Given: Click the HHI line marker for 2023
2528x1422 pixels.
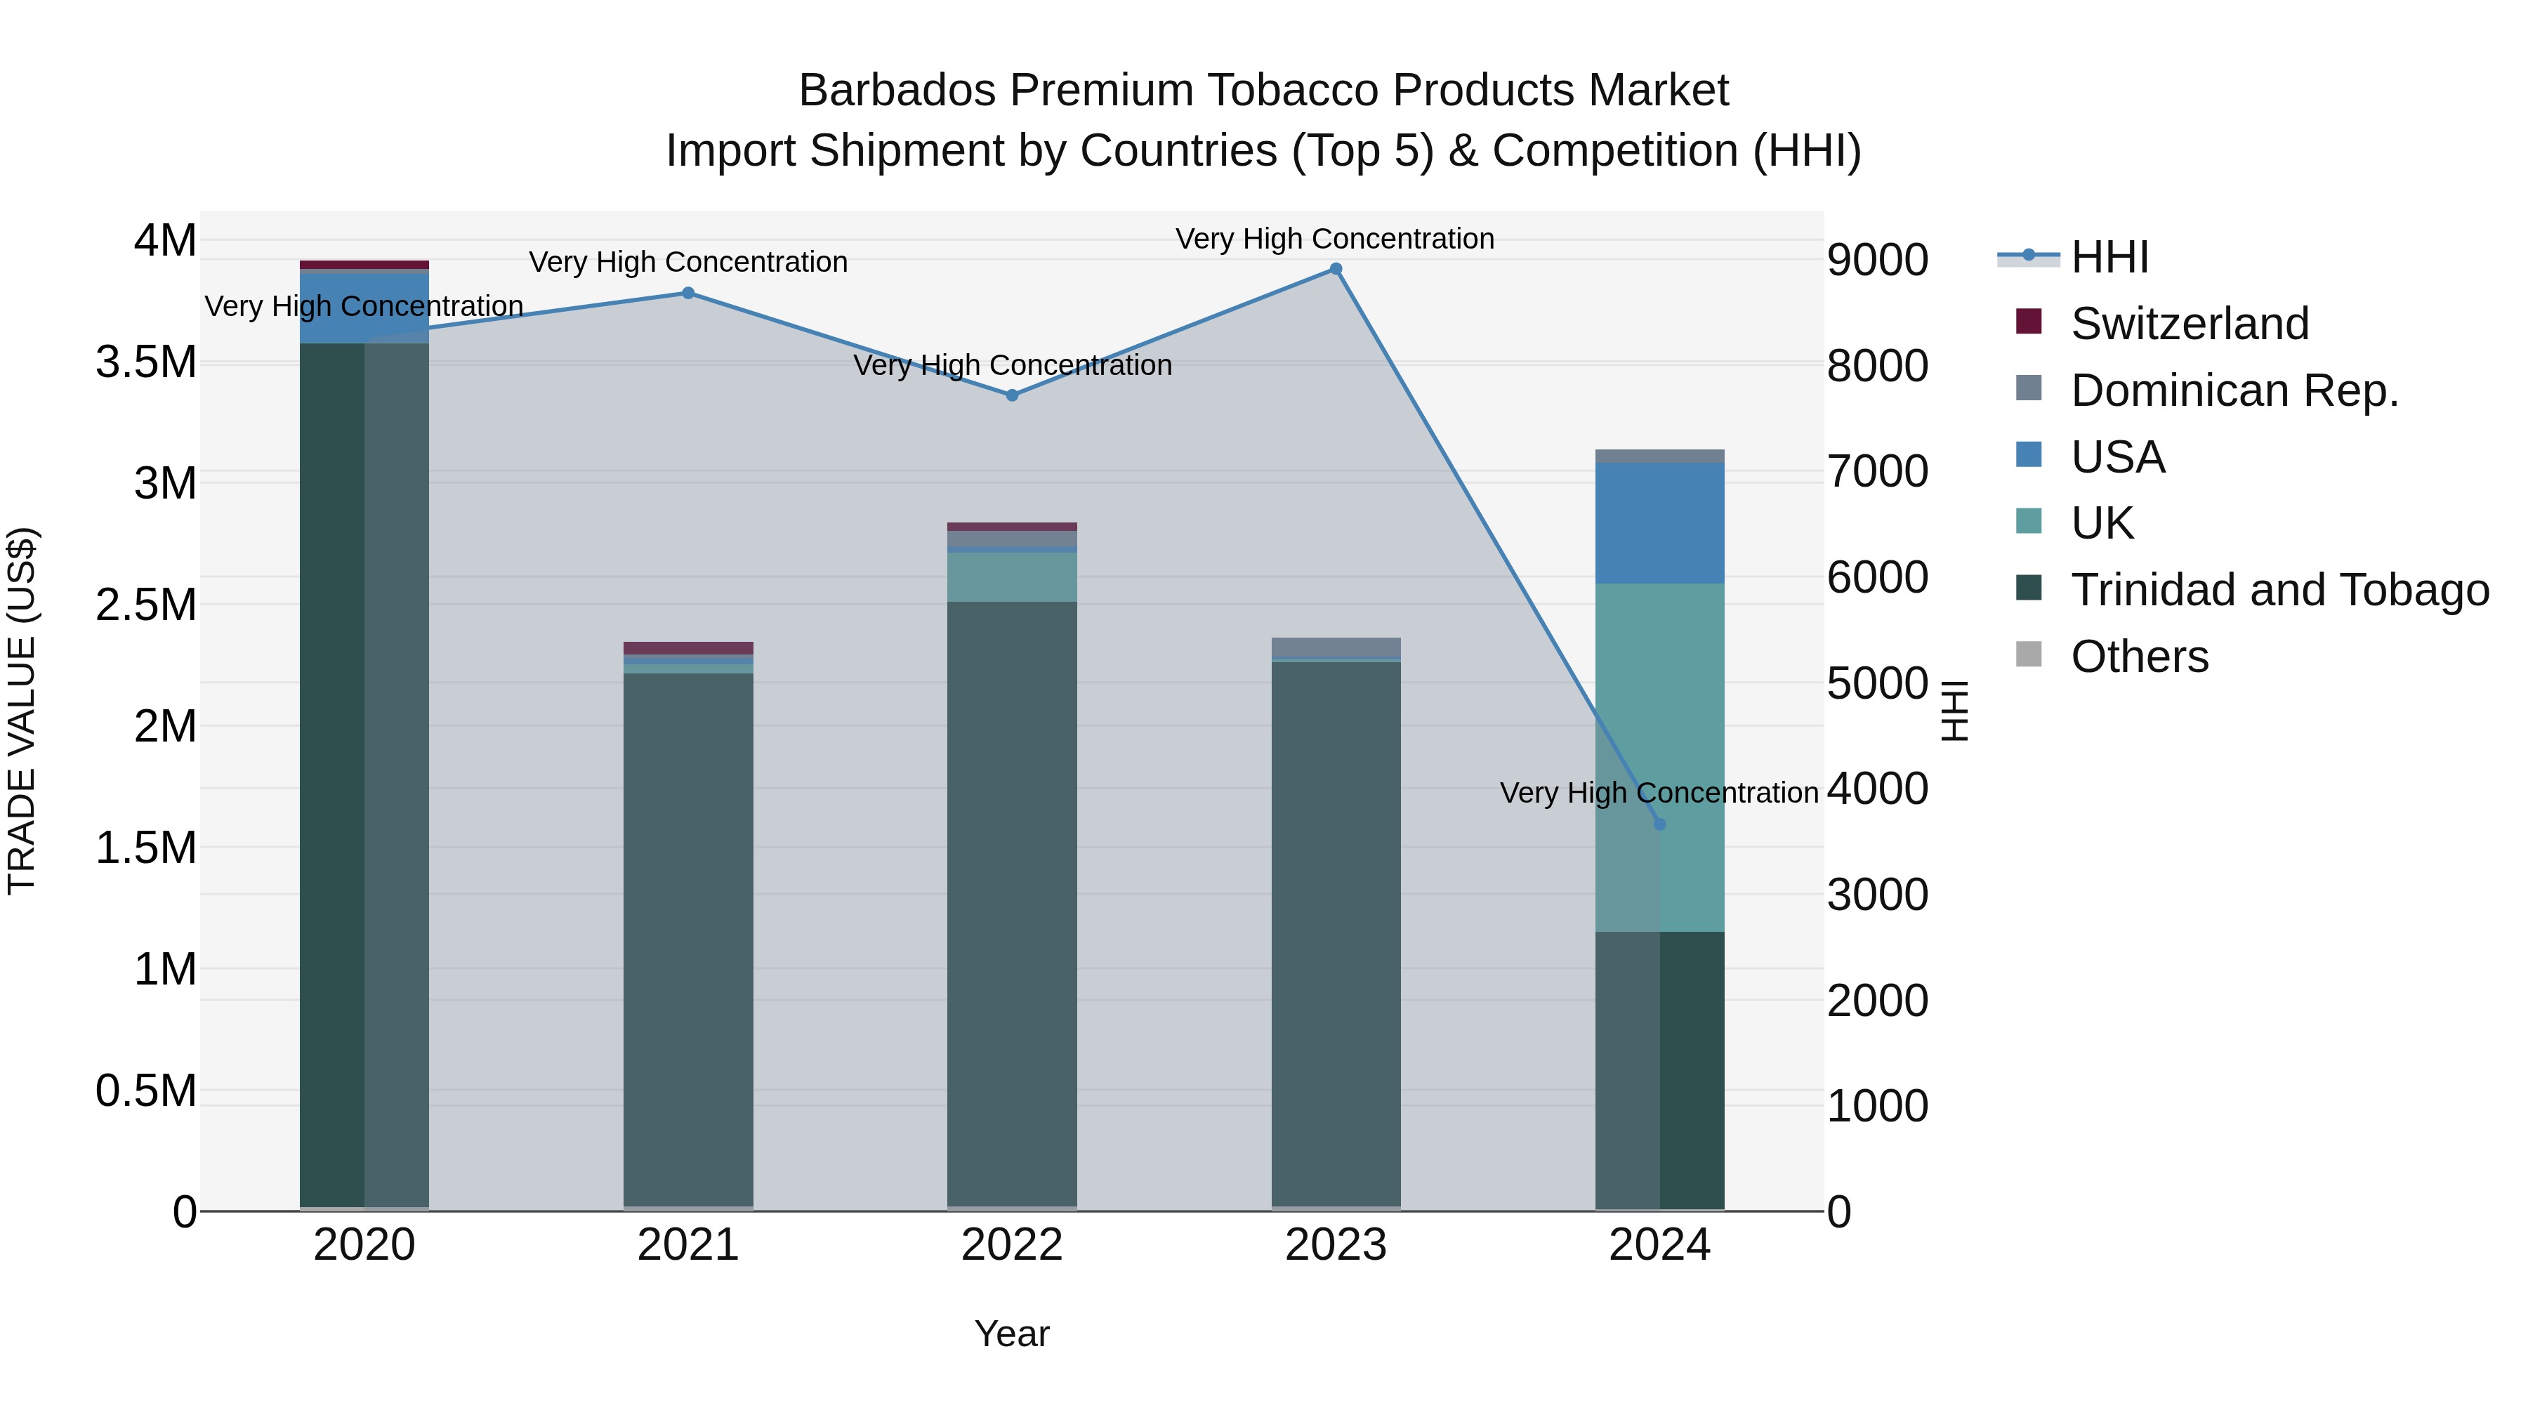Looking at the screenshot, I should tap(1336, 269).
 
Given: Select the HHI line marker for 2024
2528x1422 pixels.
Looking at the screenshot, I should tap(1659, 824).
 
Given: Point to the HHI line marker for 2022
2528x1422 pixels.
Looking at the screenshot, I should tap(1012, 395).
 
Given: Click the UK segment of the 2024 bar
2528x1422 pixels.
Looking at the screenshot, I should tap(1659, 756).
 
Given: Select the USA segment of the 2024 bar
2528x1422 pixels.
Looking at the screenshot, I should tap(1659, 523).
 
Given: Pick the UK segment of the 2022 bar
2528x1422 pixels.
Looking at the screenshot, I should tap(1012, 577).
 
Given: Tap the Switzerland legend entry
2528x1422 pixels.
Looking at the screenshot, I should tap(2188, 324).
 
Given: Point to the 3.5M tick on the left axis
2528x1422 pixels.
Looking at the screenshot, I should tap(146, 362).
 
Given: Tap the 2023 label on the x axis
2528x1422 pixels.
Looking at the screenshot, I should tap(1336, 1245).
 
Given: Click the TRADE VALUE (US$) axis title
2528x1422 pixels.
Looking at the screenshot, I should tap(22, 711).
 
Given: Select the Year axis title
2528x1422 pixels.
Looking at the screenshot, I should tap(1012, 1334).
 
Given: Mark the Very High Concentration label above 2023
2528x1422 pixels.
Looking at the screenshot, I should tap(1335, 239).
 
